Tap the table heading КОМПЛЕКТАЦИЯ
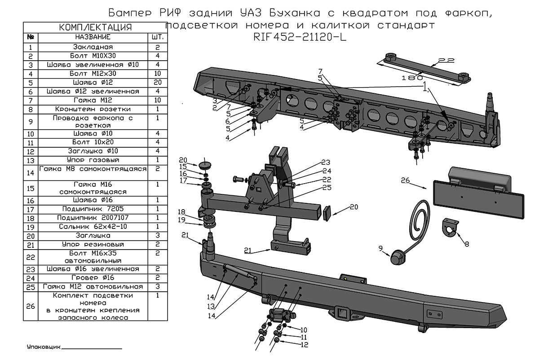(x=96, y=28)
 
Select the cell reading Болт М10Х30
(x=93, y=56)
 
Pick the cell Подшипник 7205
(x=93, y=209)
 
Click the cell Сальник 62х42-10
(x=93, y=227)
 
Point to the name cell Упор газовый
(x=93, y=160)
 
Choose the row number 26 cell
(x=31, y=306)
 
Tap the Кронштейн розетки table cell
(x=93, y=109)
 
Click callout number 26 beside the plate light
(x=405, y=181)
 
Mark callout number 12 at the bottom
(x=305, y=345)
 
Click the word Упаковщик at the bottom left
(x=43, y=347)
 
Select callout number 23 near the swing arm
(x=325, y=162)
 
